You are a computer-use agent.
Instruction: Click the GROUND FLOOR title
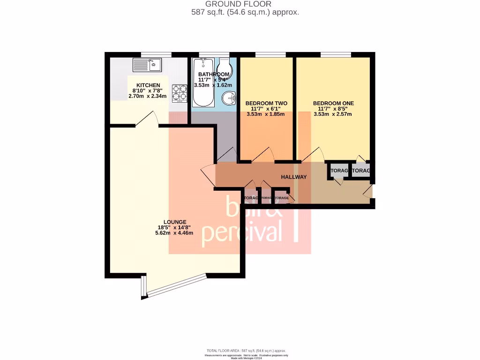[x=245, y=4]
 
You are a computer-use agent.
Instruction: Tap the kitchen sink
[x=147, y=65]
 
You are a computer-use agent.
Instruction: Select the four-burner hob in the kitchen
[x=179, y=93]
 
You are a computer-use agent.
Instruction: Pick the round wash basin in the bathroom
[x=228, y=99]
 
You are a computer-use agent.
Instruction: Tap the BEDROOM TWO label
[x=266, y=103]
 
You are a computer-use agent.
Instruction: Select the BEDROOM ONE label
[x=333, y=103]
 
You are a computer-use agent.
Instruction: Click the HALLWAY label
[x=294, y=177]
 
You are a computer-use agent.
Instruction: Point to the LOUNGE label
[x=175, y=222]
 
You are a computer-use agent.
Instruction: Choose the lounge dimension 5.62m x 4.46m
[x=174, y=233]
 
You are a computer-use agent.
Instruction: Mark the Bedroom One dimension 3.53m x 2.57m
[x=333, y=114]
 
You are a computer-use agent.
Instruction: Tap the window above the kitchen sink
[x=154, y=54]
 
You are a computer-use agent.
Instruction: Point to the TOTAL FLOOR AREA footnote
[x=246, y=351]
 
